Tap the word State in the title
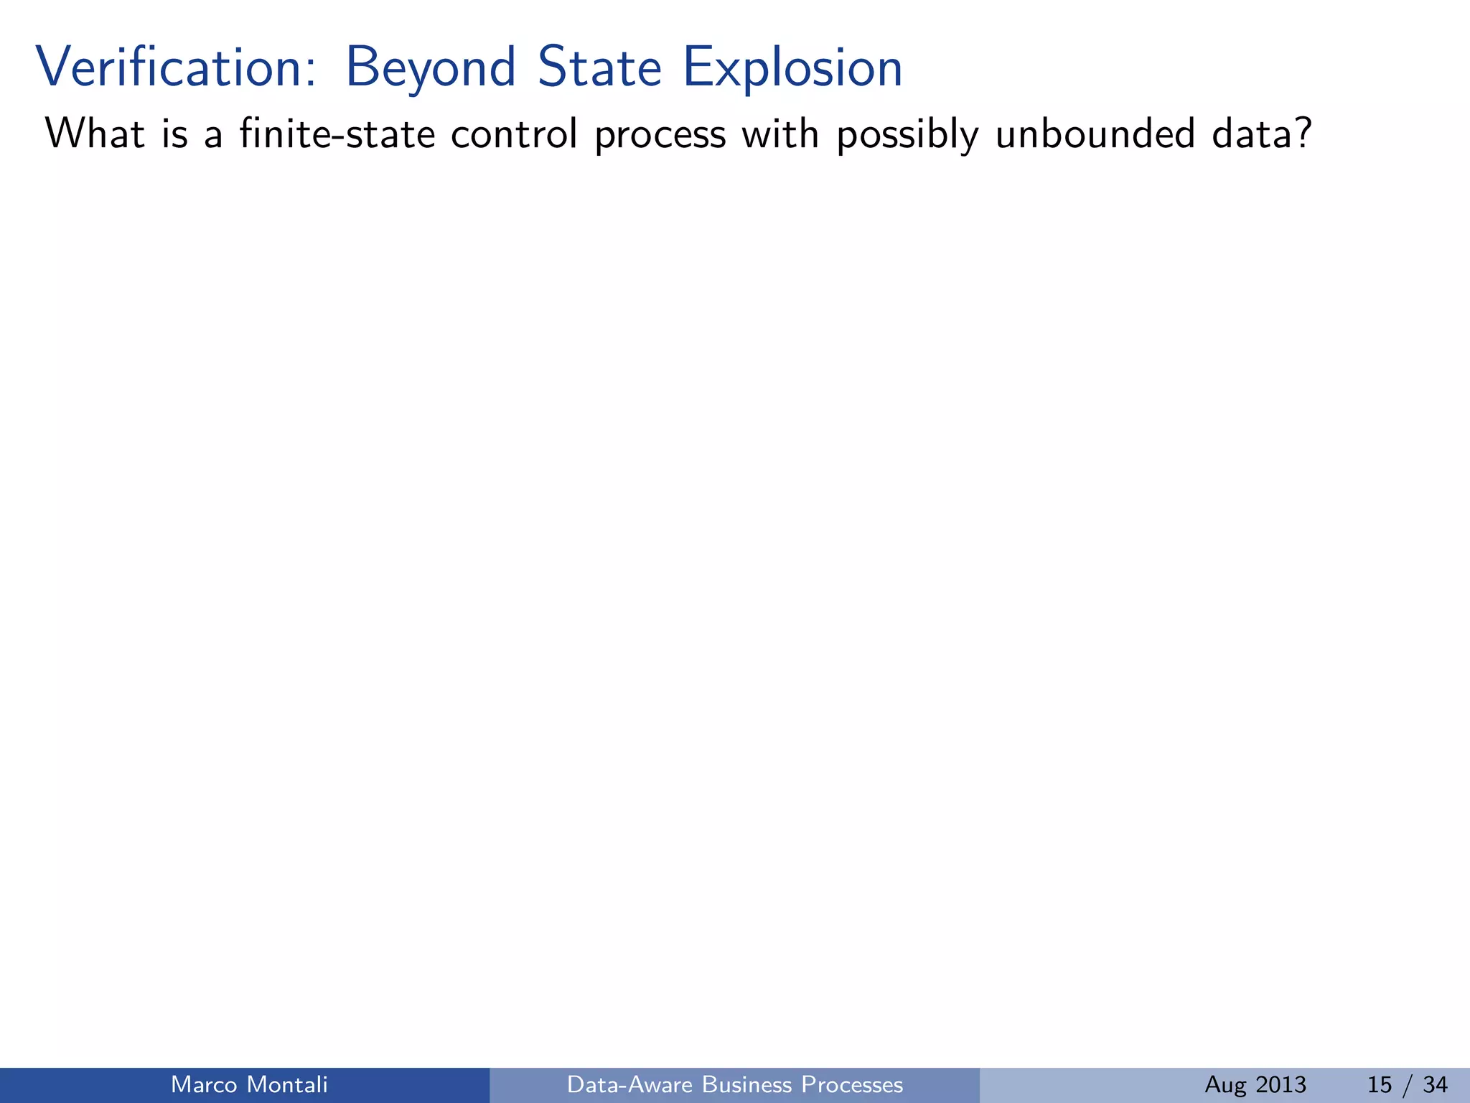coord(599,68)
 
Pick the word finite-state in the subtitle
coord(337,134)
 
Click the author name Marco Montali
coord(249,1084)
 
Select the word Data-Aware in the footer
coord(630,1084)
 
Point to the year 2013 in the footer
coord(1281,1084)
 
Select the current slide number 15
coord(1380,1084)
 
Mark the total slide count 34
coord(1435,1084)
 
